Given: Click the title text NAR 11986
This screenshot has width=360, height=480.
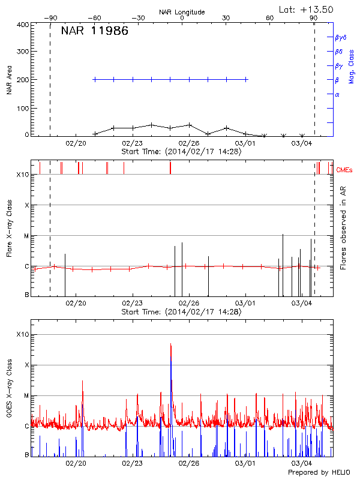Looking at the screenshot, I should pos(94,31).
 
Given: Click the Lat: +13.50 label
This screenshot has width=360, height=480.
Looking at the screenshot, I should pos(307,9).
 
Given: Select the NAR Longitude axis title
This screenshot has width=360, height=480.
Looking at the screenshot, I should pos(182,11).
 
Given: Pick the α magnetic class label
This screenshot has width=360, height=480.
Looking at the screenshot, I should pos(337,94).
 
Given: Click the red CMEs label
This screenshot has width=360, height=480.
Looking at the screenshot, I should pos(345,170).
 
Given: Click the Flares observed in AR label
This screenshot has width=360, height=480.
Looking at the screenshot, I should pos(343,228).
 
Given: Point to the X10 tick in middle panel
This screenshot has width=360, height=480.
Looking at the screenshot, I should pos(22,175).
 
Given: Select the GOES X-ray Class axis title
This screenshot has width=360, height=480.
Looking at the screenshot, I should pos(9,396).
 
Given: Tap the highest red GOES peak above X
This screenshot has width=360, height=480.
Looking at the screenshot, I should pos(171,345).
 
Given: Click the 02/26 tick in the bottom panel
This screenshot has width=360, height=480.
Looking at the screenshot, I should pos(188,463).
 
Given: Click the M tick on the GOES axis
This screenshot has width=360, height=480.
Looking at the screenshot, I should pos(26,396).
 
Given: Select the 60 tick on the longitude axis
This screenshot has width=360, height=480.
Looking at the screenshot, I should pos(269,18).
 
